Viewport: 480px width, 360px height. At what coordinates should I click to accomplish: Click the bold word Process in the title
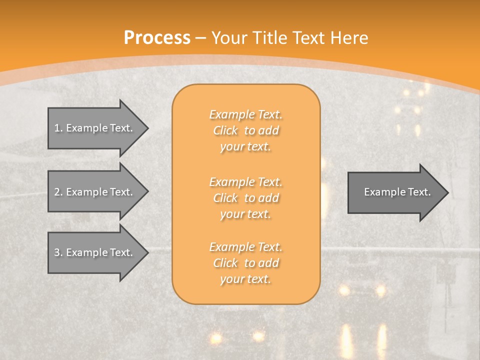pyautogui.click(x=157, y=38)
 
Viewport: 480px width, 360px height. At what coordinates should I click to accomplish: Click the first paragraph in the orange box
pyautogui.click(x=245, y=130)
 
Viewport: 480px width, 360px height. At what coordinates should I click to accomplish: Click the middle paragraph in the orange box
pyautogui.click(x=245, y=198)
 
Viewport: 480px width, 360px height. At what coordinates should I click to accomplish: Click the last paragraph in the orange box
pyautogui.click(x=245, y=263)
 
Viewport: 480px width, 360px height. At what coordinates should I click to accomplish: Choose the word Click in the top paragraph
pyautogui.click(x=225, y=131)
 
